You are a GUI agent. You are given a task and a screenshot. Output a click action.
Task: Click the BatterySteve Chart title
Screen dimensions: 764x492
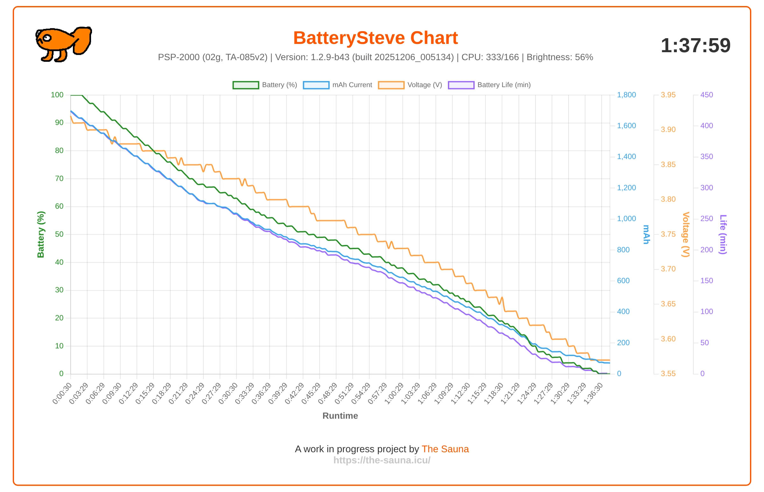375,38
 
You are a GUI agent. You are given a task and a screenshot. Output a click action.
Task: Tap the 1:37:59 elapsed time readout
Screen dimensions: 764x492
695,46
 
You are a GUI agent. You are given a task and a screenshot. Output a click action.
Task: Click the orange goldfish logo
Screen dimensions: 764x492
64,44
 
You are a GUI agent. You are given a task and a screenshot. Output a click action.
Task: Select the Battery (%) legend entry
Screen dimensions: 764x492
265,85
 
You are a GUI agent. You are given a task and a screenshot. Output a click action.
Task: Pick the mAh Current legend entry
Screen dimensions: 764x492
337,85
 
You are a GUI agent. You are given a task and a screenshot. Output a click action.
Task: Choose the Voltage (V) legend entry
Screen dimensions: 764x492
410,85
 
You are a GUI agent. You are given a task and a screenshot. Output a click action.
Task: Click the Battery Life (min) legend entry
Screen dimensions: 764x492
489,85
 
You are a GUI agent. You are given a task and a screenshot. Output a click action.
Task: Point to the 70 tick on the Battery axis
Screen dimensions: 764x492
59,179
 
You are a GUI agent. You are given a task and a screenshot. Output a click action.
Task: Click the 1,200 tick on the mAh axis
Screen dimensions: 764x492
626,188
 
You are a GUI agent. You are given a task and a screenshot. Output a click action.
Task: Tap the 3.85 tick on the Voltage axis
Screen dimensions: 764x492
668,165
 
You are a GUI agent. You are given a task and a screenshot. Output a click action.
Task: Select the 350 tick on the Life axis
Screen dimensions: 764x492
706,157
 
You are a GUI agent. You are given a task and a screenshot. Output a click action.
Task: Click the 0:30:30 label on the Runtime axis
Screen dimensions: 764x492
228,393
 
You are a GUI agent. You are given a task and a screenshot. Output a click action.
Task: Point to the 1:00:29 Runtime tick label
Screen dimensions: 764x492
394,393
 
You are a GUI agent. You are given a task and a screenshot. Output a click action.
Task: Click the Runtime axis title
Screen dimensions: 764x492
340,416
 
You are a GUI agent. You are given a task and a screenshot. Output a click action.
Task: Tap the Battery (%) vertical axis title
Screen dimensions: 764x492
40,235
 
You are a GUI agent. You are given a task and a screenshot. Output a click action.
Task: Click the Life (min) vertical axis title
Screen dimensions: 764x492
723,235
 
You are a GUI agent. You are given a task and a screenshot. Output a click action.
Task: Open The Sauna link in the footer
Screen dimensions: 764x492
445,449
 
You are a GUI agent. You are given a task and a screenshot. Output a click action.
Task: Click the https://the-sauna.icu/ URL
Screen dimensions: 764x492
382,460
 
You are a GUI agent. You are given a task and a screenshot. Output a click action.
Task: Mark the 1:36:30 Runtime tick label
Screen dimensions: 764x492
593,393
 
